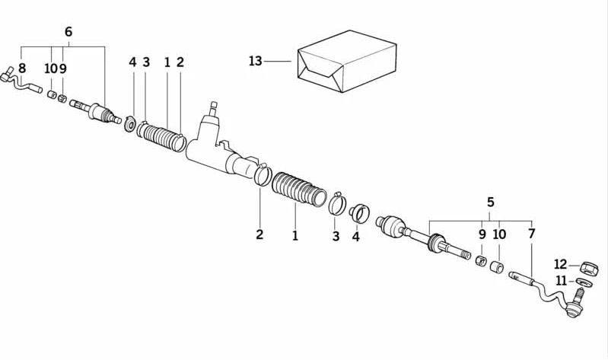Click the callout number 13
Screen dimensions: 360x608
tap(255, 61)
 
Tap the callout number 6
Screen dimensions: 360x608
tap(68, 32)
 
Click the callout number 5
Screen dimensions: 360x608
tap(491, 202)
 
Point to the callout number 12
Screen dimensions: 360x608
tap(561, 265)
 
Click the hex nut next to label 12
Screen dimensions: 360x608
tap(587, 267)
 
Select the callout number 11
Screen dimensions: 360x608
tap(561, 281)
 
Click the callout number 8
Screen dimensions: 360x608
tap(21, 68)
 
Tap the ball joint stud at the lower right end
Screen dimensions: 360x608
tap(575, 310)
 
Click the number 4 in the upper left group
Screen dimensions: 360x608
tap(132, 62)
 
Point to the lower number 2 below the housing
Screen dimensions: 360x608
tap(259, 234)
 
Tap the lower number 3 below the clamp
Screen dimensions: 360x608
tap(336, 236)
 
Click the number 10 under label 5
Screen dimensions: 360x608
tap(499, 234)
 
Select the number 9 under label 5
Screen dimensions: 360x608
tap(482, 234)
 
